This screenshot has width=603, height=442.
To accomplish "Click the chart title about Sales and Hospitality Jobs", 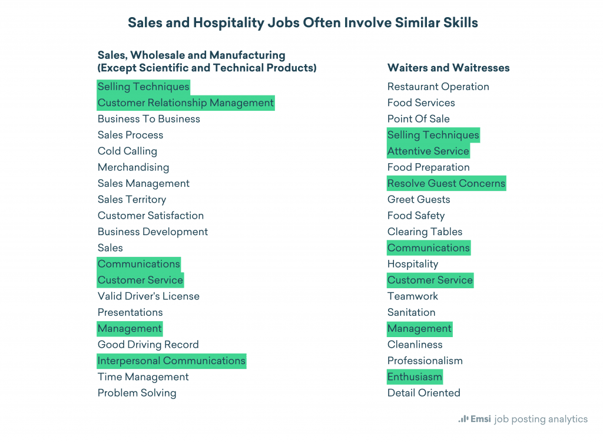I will click(303, 23).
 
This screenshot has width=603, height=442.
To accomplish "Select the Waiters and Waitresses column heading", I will click(448, 68).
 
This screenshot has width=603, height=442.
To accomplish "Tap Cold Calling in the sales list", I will click(127, 151).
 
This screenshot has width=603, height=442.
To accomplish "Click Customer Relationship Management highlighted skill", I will click(185, 103).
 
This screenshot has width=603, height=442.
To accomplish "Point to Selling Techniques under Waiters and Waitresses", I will click(433, 135).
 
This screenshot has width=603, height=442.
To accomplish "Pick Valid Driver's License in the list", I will click(148, 296).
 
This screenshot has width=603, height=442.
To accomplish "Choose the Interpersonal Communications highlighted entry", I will click(171, 361).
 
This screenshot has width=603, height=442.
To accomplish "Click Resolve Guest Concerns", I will click(446, 183).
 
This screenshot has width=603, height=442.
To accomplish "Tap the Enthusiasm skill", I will click(415, 377).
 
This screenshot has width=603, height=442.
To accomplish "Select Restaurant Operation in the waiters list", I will click(438, 87).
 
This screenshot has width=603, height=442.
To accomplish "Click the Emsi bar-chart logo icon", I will click(463, 419).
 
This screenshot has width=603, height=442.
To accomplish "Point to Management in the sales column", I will click(130, 328).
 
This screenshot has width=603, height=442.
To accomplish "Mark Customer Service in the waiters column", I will click(430, 280).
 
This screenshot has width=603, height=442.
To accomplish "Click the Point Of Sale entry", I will click(418, 118).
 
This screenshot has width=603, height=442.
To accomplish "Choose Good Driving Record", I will click(148, 344).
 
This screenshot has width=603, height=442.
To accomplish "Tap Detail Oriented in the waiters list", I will click(423, 392).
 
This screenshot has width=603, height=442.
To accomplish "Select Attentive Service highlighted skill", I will click(428, 151).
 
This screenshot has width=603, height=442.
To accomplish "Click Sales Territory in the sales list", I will click(132, 199).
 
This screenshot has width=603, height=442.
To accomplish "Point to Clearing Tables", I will click(425, 232).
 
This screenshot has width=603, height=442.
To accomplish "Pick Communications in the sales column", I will click(139, 263).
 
